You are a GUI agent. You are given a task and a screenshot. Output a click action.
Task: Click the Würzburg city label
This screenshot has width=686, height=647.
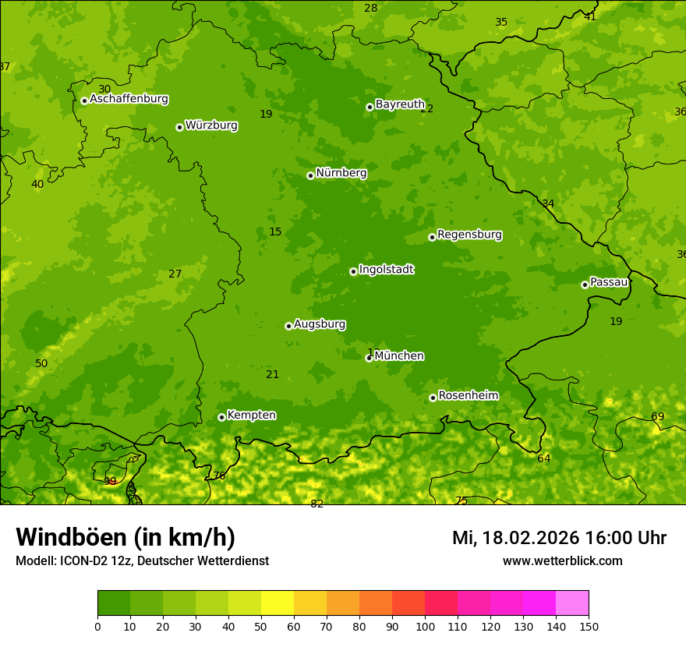[x=211, y=126]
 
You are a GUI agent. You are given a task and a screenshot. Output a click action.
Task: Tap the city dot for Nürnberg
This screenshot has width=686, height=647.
[x=310, y=175]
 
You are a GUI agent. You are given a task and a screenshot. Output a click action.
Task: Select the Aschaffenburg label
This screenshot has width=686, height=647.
[x=129, y=99]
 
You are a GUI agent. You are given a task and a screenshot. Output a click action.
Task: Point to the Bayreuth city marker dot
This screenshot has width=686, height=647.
[x=370, y=107]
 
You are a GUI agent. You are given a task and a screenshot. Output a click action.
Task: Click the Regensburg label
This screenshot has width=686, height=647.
[x=469, y=235]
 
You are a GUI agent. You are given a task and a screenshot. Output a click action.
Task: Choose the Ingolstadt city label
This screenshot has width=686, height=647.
[x=386, y=270]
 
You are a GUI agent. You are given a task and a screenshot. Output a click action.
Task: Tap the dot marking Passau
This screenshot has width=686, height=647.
[x=585, y=285]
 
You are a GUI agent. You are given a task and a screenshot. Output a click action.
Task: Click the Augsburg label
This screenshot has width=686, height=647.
[x=320, y=324]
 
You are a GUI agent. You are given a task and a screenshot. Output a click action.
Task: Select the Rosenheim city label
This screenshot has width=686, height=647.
[x=468, y=396]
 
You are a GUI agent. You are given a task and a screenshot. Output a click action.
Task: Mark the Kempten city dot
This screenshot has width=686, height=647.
[x=221, y=417]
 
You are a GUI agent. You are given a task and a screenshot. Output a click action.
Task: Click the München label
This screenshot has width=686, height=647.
[x=399, y=356]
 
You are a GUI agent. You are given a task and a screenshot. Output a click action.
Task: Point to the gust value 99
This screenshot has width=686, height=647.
[x=110, y=482]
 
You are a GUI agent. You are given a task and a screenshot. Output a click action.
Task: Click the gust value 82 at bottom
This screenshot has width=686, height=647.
[x=316, y=504]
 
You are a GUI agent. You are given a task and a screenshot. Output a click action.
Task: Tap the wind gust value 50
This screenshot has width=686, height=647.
[x=41, y=364]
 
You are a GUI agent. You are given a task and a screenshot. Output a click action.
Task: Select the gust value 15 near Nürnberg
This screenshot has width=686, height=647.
[x=275, y=232]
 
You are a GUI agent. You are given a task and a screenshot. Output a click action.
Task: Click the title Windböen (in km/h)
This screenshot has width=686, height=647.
[x=126, y=537]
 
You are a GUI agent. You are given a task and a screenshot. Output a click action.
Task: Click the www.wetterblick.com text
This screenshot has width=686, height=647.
[x=562, y=561]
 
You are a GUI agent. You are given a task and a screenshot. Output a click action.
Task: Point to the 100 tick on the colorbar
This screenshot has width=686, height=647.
[x=425, y=626]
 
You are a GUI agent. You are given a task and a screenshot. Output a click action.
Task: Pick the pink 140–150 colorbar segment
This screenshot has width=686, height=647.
[x=572, y=603]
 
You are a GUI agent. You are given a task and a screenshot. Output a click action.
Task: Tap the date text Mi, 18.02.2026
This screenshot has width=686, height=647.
[x=515, y=538]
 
